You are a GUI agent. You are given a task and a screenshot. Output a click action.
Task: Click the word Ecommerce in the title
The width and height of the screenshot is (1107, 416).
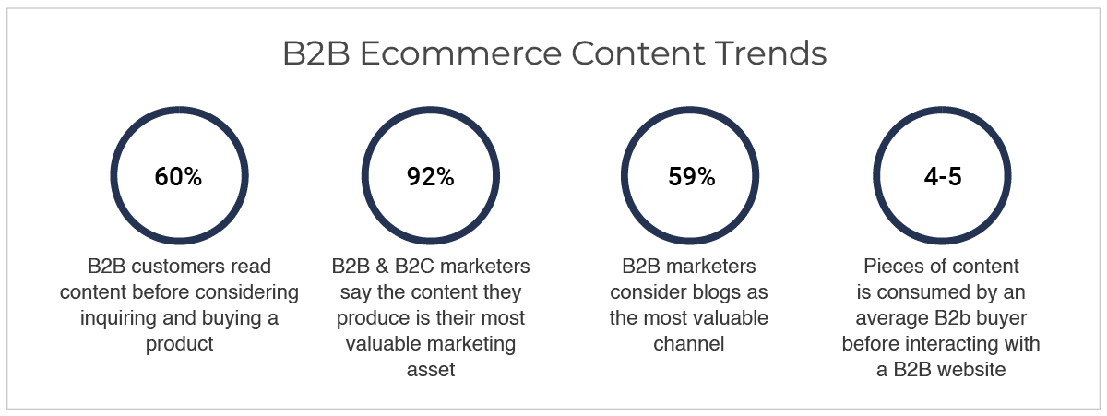pos(460,53)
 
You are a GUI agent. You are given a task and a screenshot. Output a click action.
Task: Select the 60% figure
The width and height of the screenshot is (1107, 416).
pos(178,176)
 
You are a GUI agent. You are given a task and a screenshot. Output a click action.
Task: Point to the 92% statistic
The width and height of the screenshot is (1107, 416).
pos(431,176)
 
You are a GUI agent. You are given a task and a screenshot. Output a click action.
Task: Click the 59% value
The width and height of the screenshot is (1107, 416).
pos(691,176)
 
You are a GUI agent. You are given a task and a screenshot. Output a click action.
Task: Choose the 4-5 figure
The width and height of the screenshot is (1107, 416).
pos(943,176)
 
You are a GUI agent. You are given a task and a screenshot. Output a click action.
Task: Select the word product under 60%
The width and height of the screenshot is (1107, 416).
pos(179,344)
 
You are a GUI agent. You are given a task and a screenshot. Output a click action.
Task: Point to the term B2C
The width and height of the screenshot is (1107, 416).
pos(414,267)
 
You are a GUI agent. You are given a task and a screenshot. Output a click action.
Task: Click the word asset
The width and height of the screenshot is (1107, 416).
pos(431,370)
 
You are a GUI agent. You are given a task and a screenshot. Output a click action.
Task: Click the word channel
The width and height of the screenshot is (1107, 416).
pos(689,344)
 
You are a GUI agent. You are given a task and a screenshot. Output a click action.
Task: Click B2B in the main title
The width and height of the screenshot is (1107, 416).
pos(316,53)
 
